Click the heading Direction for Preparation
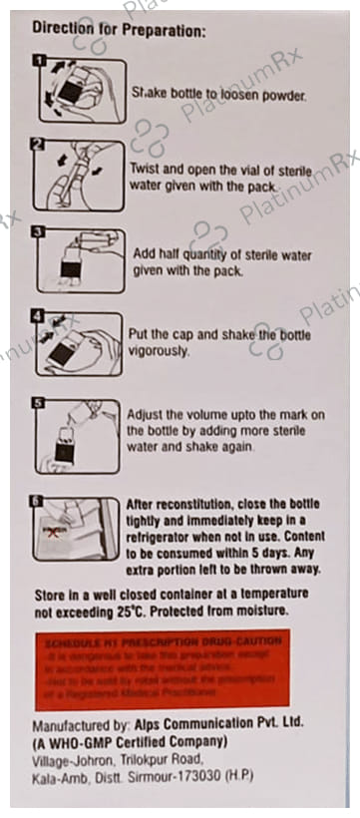click(x=120, y=31)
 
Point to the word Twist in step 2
click(x=147, y=169)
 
